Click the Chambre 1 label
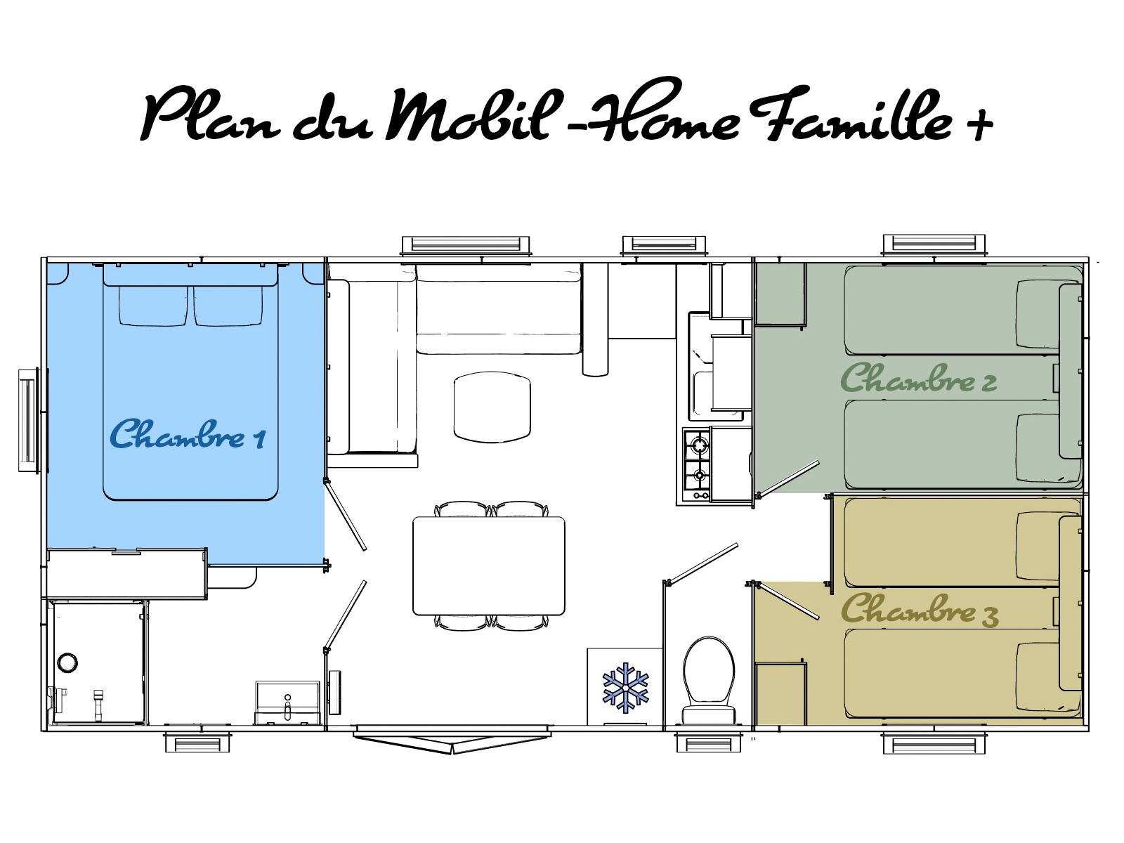click(x=188, y=434)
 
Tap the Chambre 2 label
click(x=919, y=378)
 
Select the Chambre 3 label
click(x=920, y=609)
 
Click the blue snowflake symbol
click(x=625, y=688)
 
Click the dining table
click(x=488, y=566)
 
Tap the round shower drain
click(x=67, y=662)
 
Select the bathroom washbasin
click(x=287, y=702)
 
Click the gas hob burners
click(x=696, y=465)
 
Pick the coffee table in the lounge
click(x=492, y=407)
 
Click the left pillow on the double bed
click(x=153, y=306)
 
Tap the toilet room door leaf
click(x=701, y=563)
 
